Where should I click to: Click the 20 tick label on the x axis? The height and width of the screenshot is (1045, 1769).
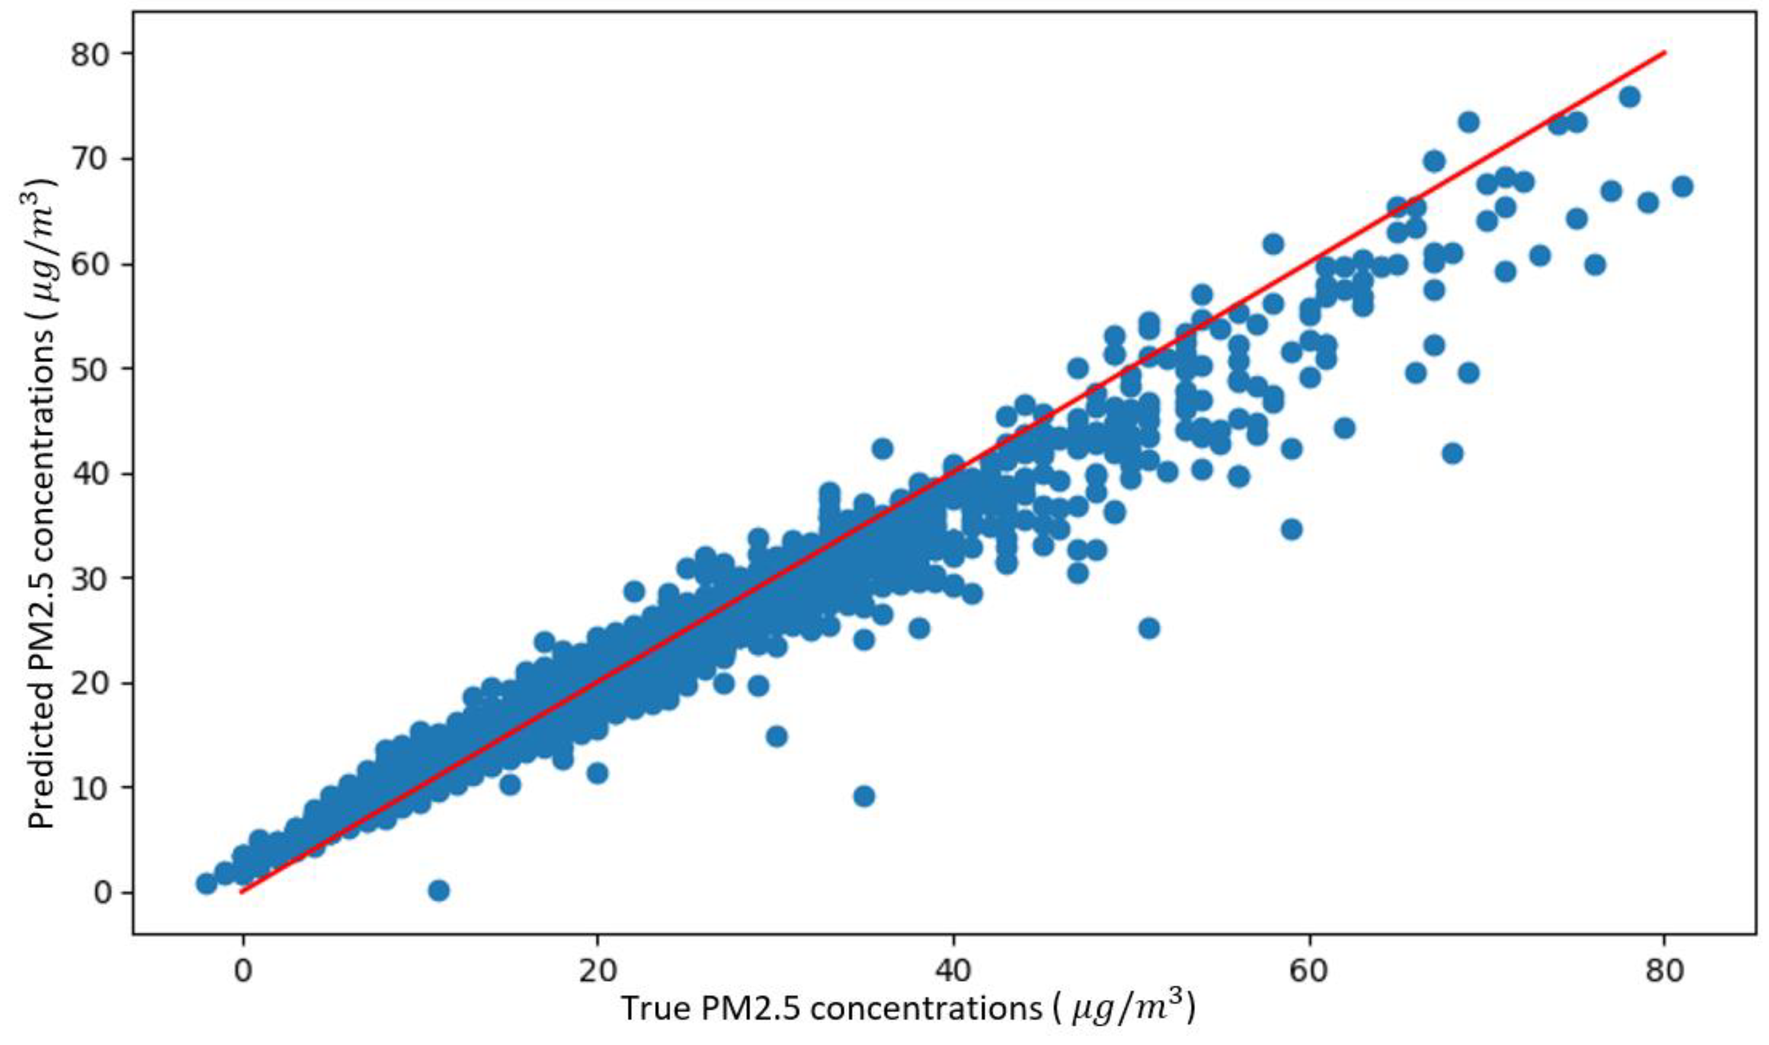click(597, 972)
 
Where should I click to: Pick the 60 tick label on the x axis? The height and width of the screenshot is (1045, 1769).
click(1309, 972)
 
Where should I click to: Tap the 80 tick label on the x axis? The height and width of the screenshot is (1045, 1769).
click(1665, 972)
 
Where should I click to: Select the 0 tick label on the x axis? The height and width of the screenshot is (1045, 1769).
click(243, 972)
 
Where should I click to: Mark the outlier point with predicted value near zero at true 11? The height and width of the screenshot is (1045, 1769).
click(439, 891)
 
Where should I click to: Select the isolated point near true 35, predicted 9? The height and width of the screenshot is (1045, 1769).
click(864, 796)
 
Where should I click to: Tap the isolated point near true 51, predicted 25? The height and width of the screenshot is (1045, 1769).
click(1149, 628)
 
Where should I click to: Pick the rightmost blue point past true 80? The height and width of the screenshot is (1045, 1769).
click(1682, 187)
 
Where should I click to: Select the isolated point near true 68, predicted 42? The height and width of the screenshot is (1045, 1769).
click(1452, 453)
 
